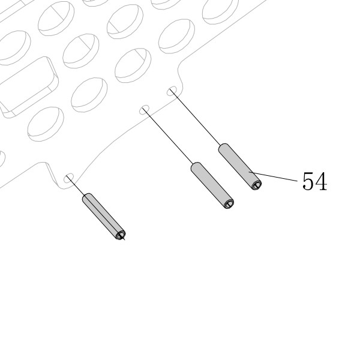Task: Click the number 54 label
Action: click(x=315, y=181)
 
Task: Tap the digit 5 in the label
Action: click(x=308, y=181)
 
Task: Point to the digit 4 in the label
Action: click(x=321, y=181)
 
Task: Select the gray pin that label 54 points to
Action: click(x=239, y=167)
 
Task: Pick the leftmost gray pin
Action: click(x=104, y=217)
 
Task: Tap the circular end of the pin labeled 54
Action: click(x=256, y=185)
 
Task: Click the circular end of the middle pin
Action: click(x=229, y=204)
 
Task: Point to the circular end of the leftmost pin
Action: click(x=121, y=235)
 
